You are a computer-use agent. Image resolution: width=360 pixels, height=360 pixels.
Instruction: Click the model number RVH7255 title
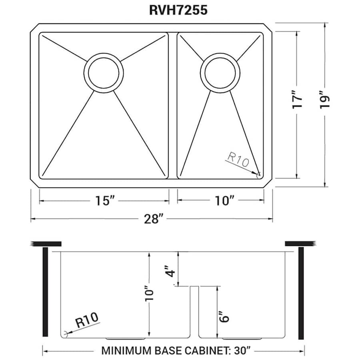178,10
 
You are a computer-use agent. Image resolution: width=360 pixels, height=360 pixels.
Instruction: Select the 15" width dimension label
103,200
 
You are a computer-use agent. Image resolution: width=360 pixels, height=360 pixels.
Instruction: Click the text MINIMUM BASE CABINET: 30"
176,351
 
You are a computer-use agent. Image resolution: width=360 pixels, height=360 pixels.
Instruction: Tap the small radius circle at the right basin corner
258,174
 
